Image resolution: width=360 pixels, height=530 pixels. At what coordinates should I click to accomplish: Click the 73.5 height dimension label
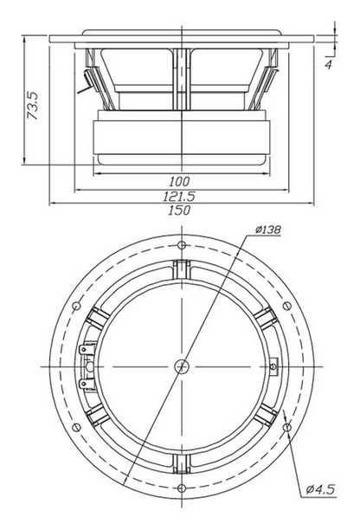(x=33, y=106)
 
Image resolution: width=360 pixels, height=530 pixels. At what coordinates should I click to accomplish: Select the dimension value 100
(x=179, y=182)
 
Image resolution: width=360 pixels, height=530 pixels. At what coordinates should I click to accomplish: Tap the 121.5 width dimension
(x=179, y=196)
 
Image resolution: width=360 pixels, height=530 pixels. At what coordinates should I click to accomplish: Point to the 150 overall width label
(x=179, y=210)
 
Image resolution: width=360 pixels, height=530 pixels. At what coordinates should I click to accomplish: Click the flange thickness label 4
(x=328, y=64)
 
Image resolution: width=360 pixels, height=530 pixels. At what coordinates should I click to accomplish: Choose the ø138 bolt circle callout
(x=267, y=229)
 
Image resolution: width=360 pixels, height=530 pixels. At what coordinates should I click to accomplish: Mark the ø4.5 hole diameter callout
(x=320, y=489)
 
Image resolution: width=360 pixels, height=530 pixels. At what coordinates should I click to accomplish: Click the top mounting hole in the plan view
(x=182, y=245)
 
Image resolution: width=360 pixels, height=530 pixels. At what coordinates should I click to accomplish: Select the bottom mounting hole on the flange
(x=182, y=488)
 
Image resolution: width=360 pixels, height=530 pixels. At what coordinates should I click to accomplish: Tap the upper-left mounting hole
(x=77, y=306)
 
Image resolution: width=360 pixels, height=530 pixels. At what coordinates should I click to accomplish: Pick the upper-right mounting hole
(x=286, y=306)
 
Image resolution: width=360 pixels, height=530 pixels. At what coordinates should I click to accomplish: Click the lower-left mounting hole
(x=77, y=427)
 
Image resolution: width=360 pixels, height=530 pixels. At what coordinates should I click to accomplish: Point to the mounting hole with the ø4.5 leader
(x=287, y=427)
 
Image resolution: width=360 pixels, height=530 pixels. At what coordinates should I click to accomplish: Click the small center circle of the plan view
(x=182, y=366)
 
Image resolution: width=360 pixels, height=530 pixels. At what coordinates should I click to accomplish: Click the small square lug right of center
(x=273, y=366)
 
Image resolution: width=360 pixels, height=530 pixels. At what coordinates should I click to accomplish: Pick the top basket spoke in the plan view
(x=182, y=268)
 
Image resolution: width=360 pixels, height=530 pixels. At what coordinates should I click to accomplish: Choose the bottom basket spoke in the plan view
(x=182, y=464)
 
